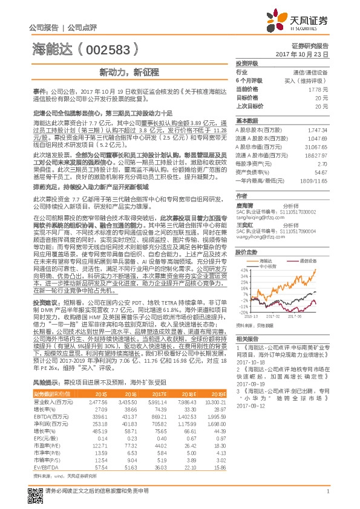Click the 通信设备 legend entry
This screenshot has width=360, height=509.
pyautogui.click(x=309, y=261)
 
